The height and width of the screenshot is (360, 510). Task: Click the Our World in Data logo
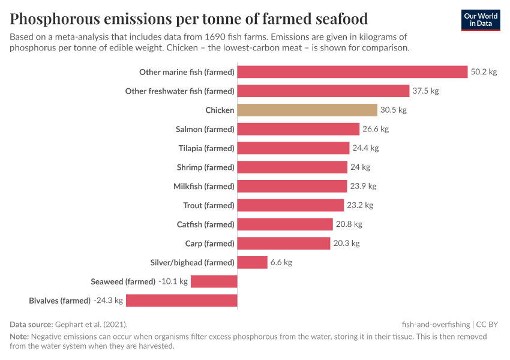point(480,20)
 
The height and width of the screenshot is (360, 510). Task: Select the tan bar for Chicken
point(307,110)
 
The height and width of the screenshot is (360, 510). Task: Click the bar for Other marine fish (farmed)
point(352,72)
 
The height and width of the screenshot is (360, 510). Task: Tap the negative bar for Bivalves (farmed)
point(181,301)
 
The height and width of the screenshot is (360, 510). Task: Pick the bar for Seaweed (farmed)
point(214,281)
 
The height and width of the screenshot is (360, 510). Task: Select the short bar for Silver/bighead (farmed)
point(252,262)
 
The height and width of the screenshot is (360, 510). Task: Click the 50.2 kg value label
point(484,72)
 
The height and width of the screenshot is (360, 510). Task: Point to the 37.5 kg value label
point(425,91)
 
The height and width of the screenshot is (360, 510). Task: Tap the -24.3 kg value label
point(108,301)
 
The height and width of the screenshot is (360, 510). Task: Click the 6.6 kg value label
point(281,262)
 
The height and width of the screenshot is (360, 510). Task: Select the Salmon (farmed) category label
point(205,129)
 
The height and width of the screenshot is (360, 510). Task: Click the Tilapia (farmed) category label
point(206,148)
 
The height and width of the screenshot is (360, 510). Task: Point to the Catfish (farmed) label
point(205,224)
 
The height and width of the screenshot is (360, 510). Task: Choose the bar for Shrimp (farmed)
point(292,167)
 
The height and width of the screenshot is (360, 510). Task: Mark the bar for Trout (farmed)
point(290,205)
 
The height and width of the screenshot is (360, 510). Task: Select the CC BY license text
point(487,324)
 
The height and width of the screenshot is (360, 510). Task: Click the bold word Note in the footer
point(19,337)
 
